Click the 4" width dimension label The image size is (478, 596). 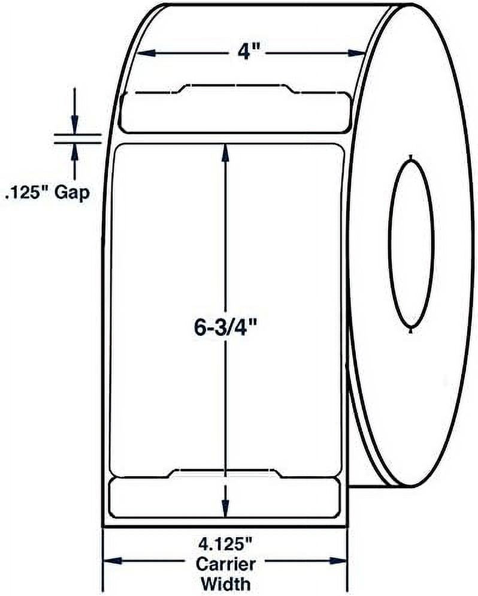(x=246, y=52)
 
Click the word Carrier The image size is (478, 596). (x=225, y=564)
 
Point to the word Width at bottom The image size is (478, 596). (x=225, y=582)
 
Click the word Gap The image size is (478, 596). (x=72, y=194)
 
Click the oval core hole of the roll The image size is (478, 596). (x=411, y=243)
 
